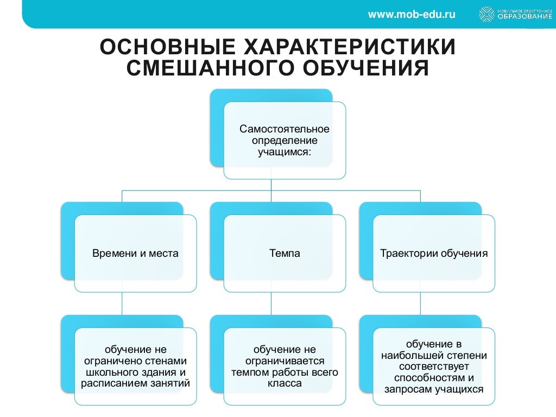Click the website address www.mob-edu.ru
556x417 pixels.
click(x=412, y=14)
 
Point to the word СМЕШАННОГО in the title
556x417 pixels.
click(x=207, y=69)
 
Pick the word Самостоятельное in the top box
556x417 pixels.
click(x=285, y=130)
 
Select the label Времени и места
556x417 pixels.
click(x=135, y=254)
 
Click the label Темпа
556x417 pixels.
click(x=285, y=254)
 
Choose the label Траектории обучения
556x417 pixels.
click(x=434, y=254)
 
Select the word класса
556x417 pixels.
click(x=285, y=384)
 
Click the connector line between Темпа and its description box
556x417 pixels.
click(x=271, y=304)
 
